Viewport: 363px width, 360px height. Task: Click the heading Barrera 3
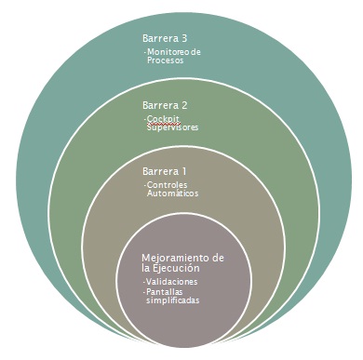point(165,38)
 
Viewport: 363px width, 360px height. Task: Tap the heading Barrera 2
point(165,105)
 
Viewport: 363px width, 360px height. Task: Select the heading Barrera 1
point(165,172)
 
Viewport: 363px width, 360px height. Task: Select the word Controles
point(168,186)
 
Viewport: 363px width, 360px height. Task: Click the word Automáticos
point(172,195)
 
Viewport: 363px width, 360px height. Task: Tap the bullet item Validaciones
point(173,281)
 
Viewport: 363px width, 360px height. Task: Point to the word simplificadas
point(174,300)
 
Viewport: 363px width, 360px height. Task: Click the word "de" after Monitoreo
point(195,52)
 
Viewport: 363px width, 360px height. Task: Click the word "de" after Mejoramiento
point(217,257)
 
